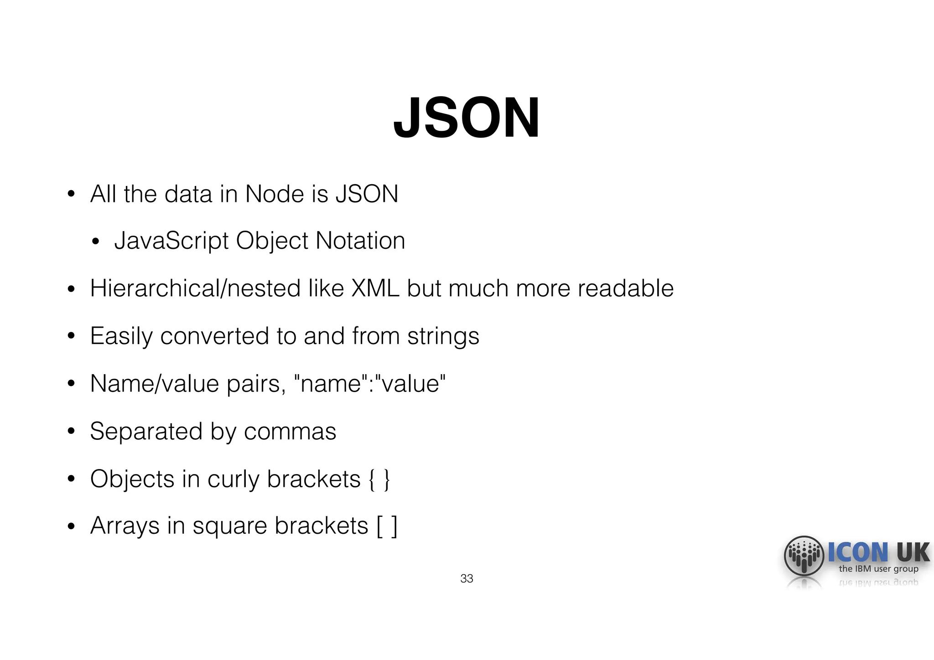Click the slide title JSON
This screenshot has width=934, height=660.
467,118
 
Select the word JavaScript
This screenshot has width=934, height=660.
171,241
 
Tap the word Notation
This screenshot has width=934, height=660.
360,241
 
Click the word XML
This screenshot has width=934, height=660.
375,289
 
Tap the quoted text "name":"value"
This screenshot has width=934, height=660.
370,383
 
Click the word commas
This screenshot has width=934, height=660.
290,431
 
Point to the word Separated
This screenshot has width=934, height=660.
146,431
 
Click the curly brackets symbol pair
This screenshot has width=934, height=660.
379,480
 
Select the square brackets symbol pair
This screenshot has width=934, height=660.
387,526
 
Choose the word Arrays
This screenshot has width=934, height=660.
125,526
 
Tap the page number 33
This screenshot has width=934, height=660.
467,578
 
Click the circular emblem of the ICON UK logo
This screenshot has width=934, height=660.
804,556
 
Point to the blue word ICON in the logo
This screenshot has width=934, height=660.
858,552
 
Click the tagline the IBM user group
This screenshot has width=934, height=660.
878,569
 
